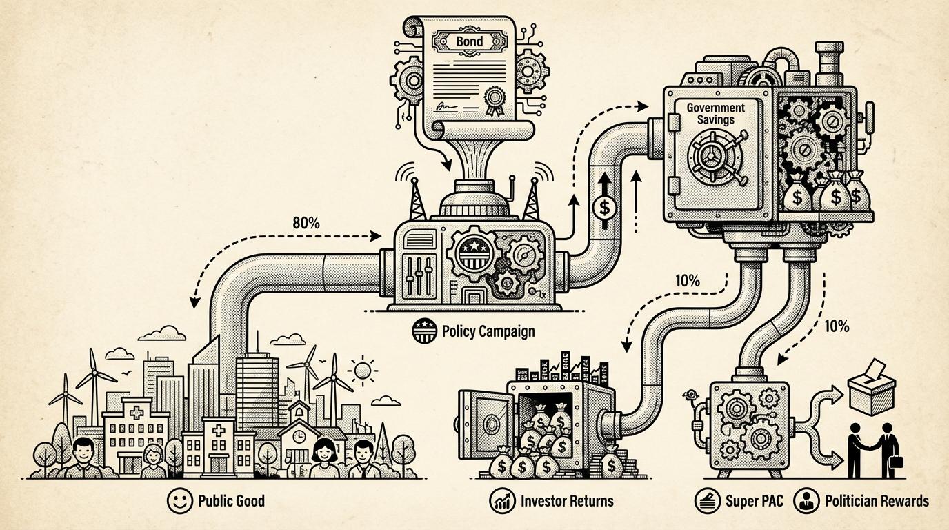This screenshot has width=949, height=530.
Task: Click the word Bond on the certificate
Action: click(470, 41)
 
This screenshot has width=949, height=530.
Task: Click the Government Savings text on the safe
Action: click(715, 113)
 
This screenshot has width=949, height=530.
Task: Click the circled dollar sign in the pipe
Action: click(604, 205)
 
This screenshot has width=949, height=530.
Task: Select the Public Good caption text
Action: click(231, 500)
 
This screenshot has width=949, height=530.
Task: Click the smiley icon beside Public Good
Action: click(181, 501)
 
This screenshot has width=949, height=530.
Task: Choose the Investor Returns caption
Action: click(568, 500)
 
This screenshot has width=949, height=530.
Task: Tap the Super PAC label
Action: click(754, 501)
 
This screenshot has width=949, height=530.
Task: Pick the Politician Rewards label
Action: click(877, 501)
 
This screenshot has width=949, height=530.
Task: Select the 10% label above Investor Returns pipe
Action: click(688, 281)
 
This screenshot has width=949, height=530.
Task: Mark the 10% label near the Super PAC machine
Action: click(837, 326)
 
